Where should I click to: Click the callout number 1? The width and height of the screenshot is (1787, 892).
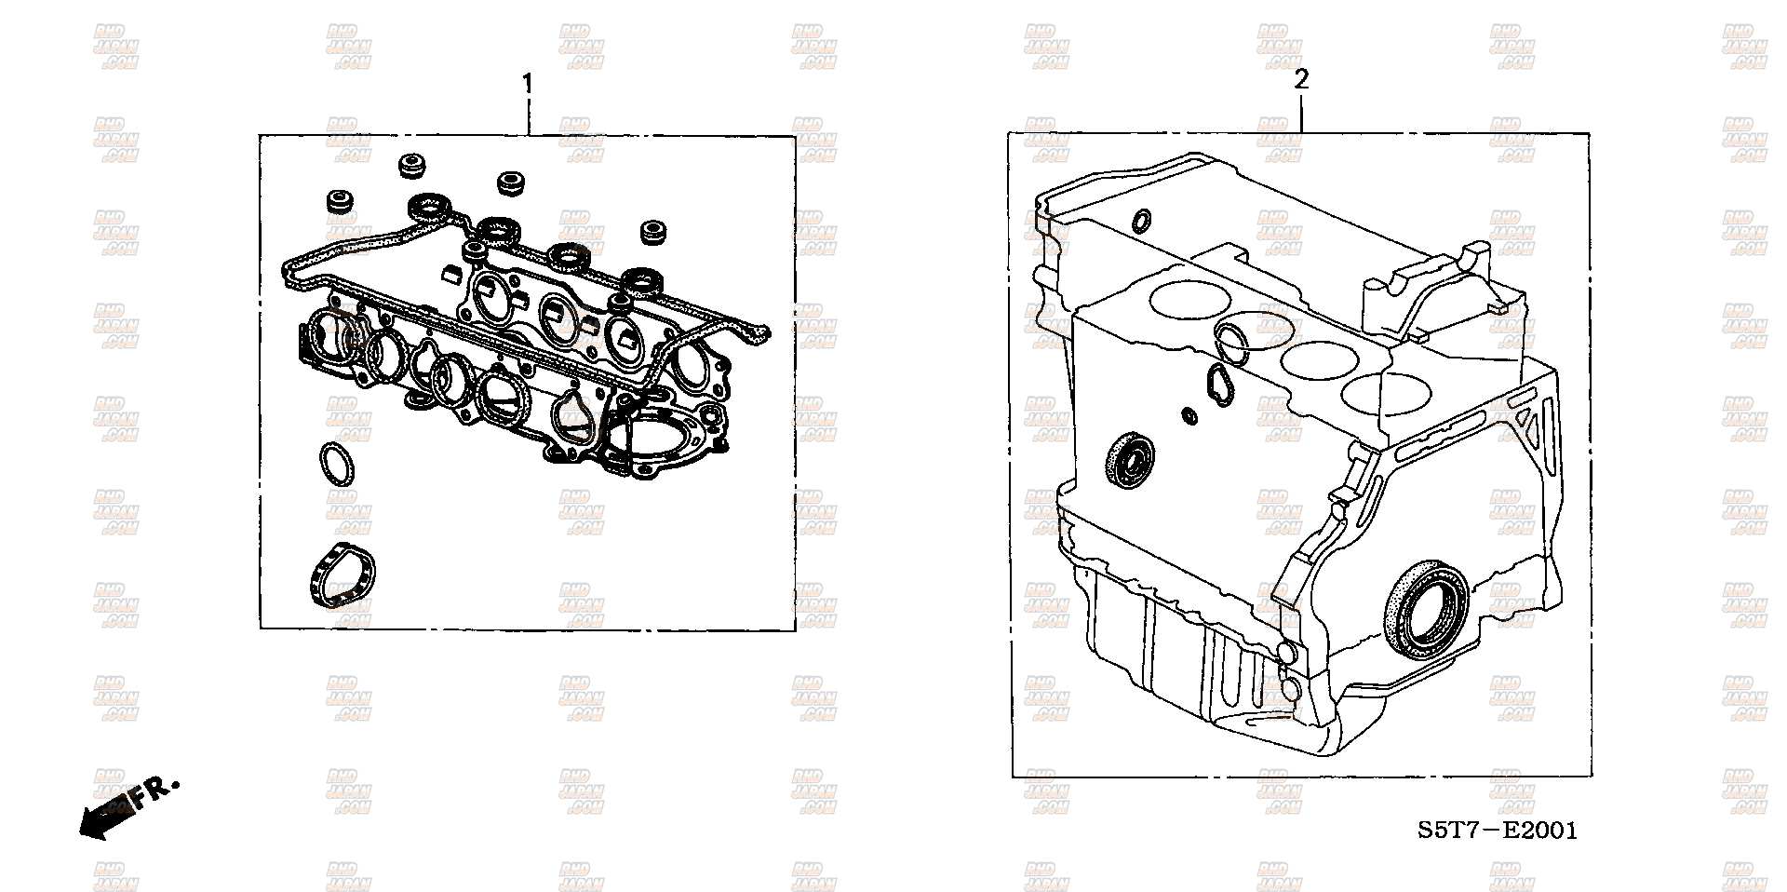(528, 85)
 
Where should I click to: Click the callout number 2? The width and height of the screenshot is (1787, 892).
(1301, 80)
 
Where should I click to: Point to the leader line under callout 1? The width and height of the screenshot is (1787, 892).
(529, 117)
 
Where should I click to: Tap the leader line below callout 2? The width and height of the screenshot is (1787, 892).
(1301, 114)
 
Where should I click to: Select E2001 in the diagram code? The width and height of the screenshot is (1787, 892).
(1542, 831)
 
